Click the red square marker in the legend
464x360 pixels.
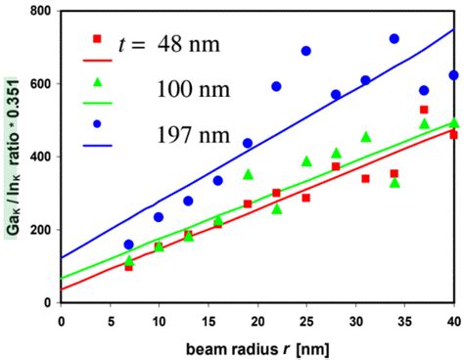coord(95,39)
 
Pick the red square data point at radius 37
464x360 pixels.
coord(424,110)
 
